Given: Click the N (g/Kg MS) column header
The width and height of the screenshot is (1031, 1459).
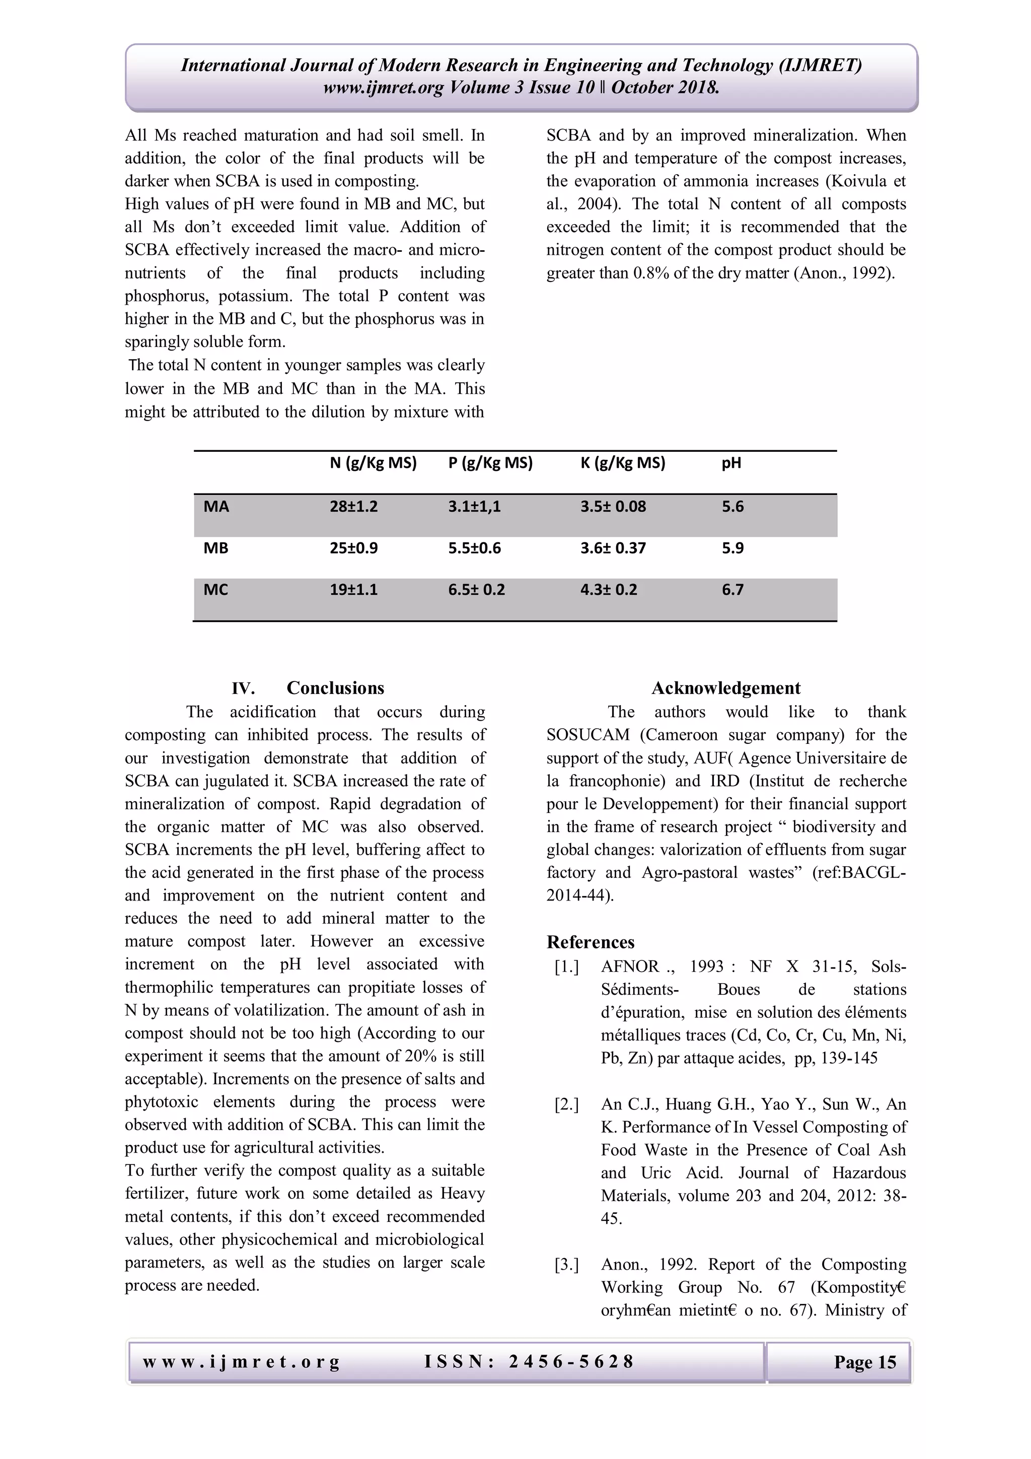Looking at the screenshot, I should pyautogui.click(x=373, y=463).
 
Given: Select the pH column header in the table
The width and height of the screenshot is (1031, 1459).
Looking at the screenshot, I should pyautogui.click(x=730, y=463).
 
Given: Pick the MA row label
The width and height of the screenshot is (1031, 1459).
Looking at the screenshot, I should pyautogui.click(x=216, y=507).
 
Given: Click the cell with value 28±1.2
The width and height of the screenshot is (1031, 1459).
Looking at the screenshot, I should pyautogui.click(x=353, y=507).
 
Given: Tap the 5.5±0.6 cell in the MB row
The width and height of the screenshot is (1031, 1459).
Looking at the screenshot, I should pyautogui.click(x=474, y=548).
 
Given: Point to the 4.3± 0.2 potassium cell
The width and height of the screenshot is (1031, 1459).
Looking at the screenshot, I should pyautogui.click(x=608, y=590).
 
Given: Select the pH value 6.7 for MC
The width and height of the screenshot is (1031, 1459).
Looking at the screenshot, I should pyautogui.click(x=732, y=590).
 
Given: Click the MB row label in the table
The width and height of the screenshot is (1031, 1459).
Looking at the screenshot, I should pyautogui.click(x=215, y=548).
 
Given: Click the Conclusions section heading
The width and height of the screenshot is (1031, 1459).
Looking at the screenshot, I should pyautogui.click(x=335, y=688).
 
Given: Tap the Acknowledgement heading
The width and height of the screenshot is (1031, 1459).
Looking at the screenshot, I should pyautogui.click(x=725, y=688).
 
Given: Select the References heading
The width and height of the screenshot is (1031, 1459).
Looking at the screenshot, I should pyautogui.click(x=590, y=942).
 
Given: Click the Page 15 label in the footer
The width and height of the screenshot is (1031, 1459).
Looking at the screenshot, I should pyautogui.click(x=864, y=1362).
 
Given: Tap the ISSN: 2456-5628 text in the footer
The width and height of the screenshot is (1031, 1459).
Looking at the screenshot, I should pyautogui.click(x=529, y=1361).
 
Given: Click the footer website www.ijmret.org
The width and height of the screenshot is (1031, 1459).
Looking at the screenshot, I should pyautogui.click(x=242, y=1361).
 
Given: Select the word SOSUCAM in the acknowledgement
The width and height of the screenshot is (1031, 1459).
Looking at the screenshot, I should pyautogui.click(x=587, y=735).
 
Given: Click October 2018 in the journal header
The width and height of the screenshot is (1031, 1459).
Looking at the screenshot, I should pyautogui.click(x=665, y=88).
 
